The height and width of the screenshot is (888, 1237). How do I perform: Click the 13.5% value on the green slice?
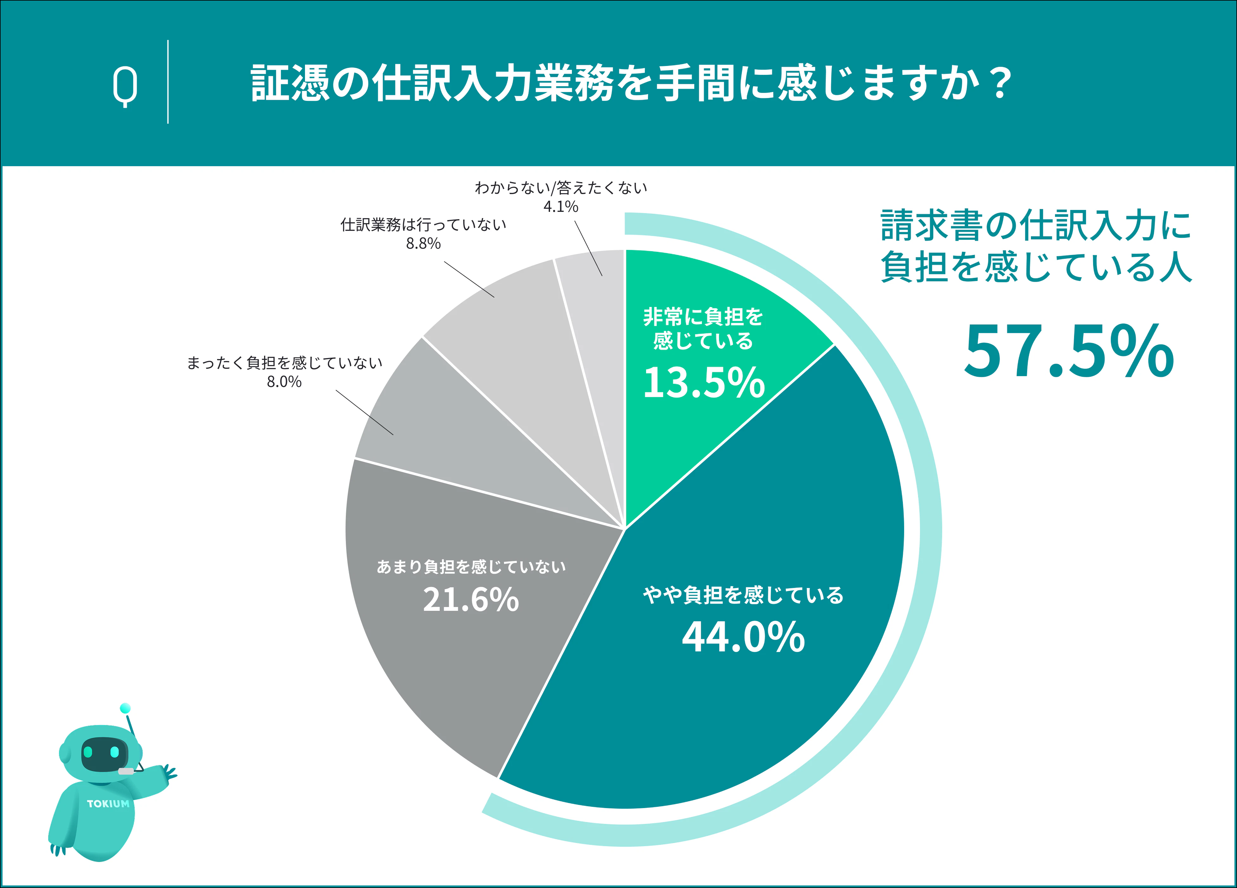coord(704,382)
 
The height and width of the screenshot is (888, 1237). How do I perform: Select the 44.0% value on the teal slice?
coord(743,637)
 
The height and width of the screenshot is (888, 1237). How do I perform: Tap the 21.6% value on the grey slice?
coord(471,599)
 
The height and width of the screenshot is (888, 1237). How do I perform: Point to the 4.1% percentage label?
coord(561,206)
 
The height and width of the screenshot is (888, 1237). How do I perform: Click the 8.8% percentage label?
coord(423,244)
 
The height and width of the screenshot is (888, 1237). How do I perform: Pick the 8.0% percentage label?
coord(284,382)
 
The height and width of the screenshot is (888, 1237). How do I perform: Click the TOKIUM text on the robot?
coord(108,803)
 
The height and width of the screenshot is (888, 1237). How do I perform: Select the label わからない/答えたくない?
coord(561,188)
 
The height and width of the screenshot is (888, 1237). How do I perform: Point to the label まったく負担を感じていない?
coord(284,363)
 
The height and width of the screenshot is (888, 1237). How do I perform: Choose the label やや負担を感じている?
coord(743,595)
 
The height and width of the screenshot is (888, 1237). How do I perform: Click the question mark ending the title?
coord(1001,83)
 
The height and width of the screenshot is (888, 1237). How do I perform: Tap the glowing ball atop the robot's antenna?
coord(125,708)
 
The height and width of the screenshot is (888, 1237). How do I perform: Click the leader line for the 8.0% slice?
coord(364,412)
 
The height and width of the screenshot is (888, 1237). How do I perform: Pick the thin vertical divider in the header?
coord(168,82)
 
